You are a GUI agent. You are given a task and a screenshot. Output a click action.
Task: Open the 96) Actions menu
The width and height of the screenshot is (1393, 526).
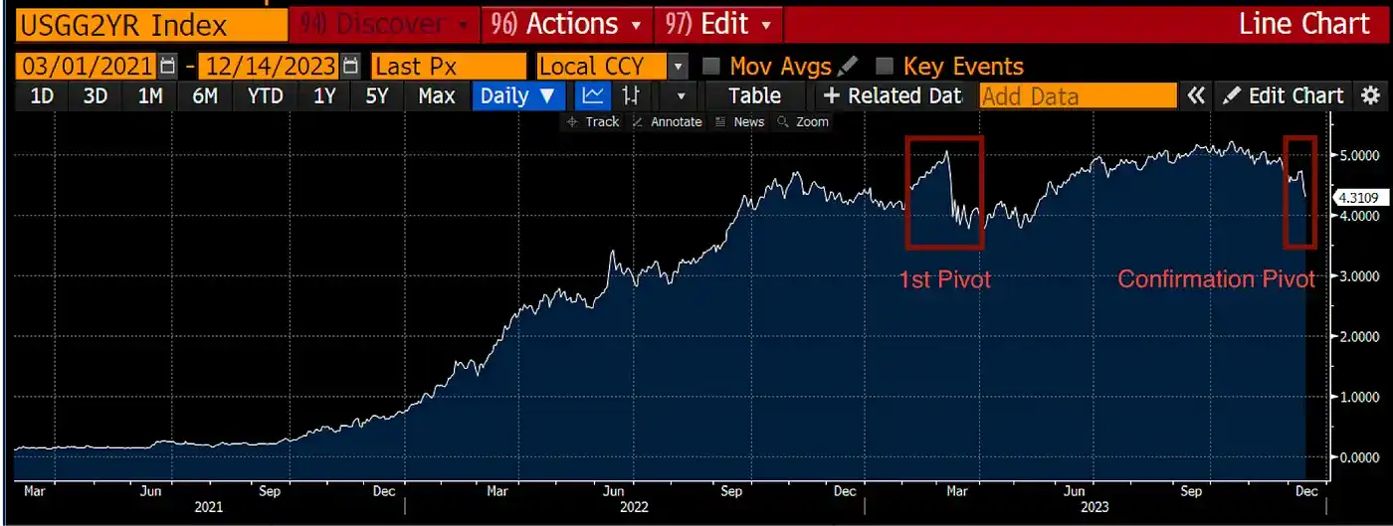click(x=568, y=24)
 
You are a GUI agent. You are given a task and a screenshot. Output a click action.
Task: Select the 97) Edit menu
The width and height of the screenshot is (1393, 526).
click(x=718, y=24)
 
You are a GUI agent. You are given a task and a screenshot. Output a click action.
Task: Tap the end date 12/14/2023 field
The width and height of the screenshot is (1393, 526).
click(x=269, y=67)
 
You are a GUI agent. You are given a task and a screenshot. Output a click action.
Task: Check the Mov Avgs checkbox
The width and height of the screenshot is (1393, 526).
click(x=711, y=67)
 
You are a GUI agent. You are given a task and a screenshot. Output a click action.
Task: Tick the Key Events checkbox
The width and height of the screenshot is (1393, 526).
click(x=885, y=67)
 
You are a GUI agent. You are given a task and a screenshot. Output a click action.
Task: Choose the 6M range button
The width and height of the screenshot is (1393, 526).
click(x=205, y=96)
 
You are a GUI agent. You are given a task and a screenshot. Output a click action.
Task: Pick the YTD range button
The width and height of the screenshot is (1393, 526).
click(x=265, y=96)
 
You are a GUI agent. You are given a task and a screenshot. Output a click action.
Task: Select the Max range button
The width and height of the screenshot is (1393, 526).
click(x=437, y=96)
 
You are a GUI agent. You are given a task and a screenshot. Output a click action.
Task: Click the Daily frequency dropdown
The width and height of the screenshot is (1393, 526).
click(x=517, y=96)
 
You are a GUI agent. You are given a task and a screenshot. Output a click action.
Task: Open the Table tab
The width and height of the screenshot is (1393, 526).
click(x=754, y=96)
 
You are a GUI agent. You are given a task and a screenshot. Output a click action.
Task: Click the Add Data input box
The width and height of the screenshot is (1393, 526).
click(x=1078, y=96)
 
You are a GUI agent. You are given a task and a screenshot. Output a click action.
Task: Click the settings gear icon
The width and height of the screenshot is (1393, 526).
click(x=1371, y=95)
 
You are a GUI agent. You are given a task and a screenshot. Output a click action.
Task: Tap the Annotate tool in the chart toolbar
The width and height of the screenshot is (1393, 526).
click(x=668, y=121)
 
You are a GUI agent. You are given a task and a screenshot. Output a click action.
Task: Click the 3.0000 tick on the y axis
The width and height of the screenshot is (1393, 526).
click(x=1358, y=275)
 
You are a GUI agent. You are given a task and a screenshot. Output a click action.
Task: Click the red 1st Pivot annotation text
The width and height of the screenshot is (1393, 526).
click(x=945, y=279)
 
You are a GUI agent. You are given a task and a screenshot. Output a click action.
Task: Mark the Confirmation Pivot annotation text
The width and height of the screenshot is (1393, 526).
click(x=1216, y=279)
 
